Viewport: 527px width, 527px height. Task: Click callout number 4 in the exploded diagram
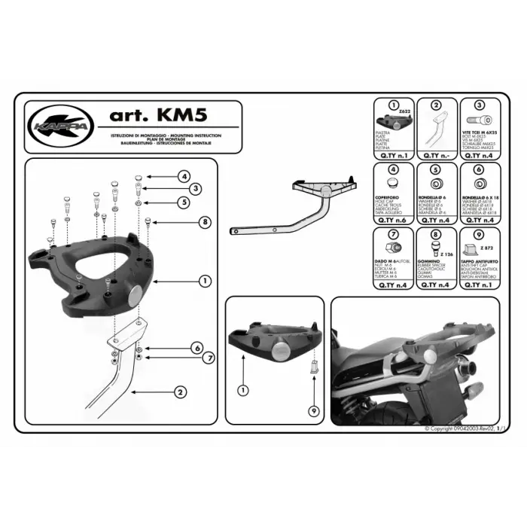[184, 176]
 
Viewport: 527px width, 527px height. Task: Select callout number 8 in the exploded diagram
[203, 221]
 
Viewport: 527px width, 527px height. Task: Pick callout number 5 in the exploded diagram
[184, 202]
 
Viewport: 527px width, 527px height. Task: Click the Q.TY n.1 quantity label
[391, 156]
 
